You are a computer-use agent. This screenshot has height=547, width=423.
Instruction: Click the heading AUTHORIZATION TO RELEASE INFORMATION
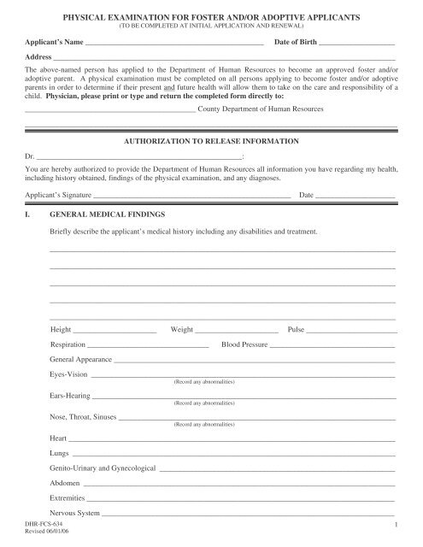point(212,138)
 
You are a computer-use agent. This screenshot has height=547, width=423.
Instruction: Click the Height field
point(115,330)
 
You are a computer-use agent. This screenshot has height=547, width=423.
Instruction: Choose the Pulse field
point(351,330)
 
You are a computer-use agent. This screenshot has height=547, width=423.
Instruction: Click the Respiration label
point(68,344)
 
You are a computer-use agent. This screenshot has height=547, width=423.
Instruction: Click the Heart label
point(59,438)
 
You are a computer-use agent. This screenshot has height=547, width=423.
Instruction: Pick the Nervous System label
point(75,514)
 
